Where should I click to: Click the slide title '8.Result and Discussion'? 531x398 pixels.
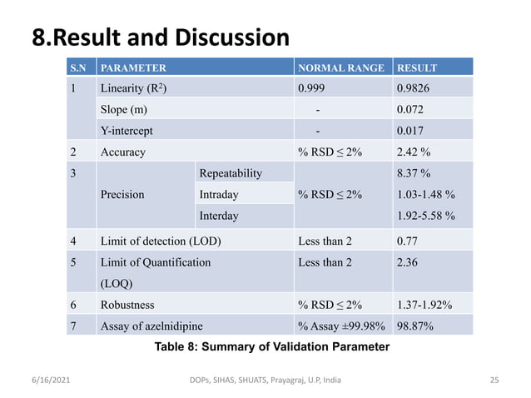click(x=161, y=37)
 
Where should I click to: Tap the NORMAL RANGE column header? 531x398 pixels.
click(x=340, y=67)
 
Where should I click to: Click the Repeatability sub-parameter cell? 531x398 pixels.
click(x=231, y=173)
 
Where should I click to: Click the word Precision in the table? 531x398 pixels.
click(x=122, y=195)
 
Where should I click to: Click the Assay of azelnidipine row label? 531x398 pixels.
click(x=151, y=326)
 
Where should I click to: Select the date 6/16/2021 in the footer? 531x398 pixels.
click(x=51, y=381)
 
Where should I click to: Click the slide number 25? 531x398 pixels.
click(x=494, y=381)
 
